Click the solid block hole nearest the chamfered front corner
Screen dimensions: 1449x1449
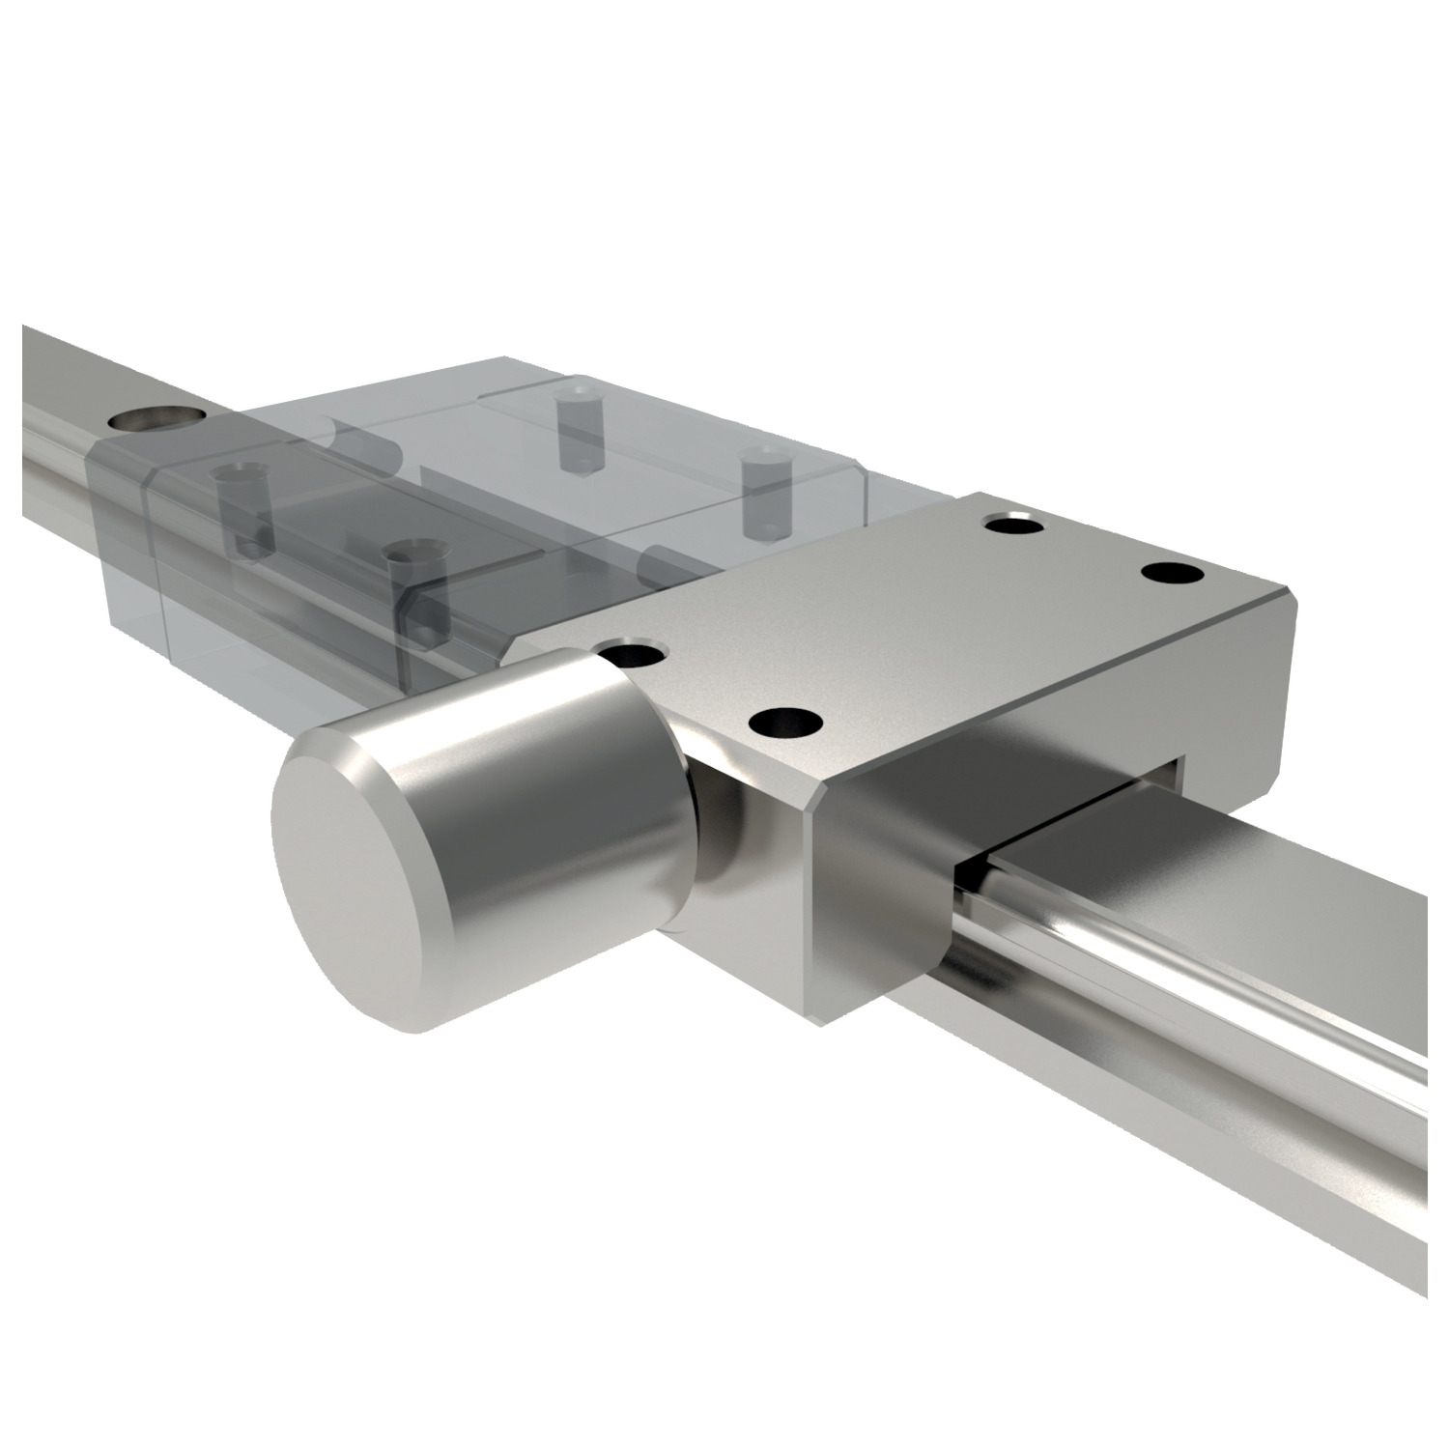pos(784,721)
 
